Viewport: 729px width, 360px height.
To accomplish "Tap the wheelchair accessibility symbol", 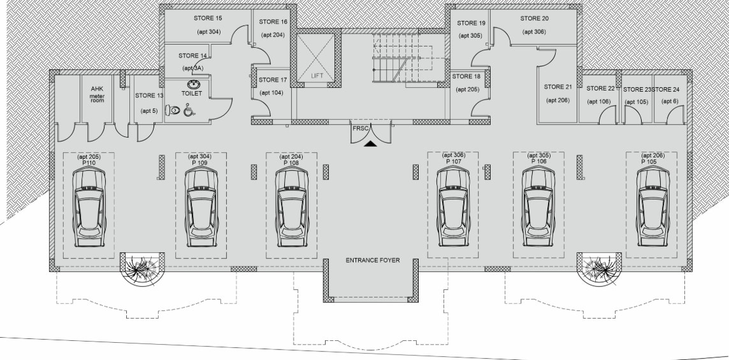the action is (x=189, y=110).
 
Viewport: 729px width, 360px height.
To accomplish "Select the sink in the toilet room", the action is (x=194, y=85).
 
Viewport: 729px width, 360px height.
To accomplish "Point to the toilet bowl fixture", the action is (x=174, y=110).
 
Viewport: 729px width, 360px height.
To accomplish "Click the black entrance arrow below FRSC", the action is (x=370, y=144).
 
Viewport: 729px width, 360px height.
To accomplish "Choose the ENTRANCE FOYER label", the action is (x=372, y=261).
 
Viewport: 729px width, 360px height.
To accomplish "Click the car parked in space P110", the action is (x=89, y=207).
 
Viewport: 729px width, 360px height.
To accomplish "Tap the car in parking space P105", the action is (x=653, y=207).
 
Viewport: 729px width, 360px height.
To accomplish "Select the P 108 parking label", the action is (x=291, y=162).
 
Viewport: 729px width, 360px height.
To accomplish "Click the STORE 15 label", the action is (x=208, y=18).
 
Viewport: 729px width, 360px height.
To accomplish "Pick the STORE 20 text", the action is (x=534, y=18).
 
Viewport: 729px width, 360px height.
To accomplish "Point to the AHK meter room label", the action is (x=97, y=95).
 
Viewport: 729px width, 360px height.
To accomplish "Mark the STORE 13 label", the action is (x=149, y=96).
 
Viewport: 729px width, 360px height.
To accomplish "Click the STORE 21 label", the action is (x=558, y=87).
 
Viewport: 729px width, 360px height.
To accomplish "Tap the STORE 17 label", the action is (x=273, y=80).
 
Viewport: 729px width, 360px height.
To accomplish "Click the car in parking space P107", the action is (x=453, y=207).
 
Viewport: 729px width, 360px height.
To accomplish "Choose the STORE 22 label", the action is (x=600, y=89).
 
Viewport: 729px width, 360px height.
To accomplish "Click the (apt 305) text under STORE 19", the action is (x=470, y=36).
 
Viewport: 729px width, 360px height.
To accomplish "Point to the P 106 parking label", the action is (x=538, y=161).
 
